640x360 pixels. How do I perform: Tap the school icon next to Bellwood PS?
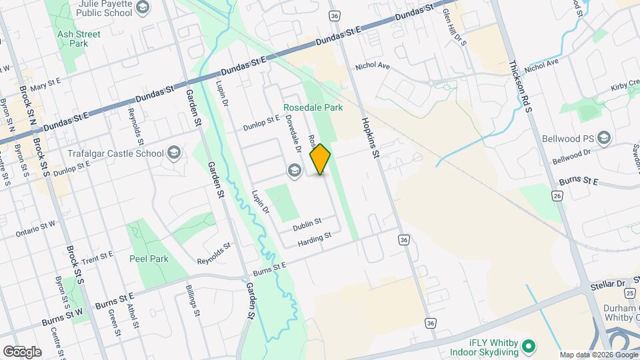tap(604, 138)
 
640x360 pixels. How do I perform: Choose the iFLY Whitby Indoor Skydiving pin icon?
tap(528, 346)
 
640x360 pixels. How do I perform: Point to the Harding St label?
tap(315, 238)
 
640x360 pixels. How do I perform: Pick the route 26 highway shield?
tap(556, 195)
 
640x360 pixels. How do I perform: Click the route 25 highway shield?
tap(630, 293)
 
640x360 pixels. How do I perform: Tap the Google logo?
tap(22, 351)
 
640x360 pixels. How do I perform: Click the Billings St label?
tap(194, 303)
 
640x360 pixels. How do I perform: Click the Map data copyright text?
tap(597, 355)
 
